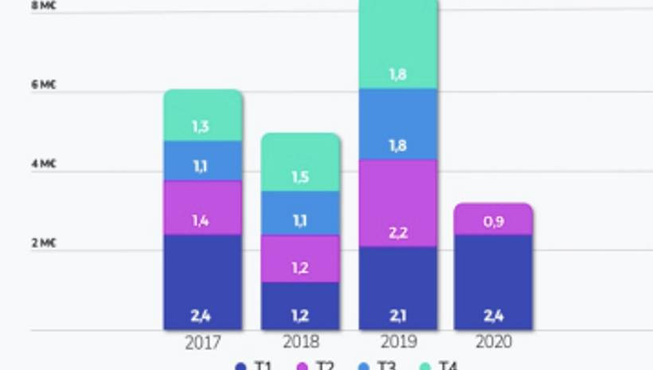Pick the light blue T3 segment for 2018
300,213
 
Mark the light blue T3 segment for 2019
398,124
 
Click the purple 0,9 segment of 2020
493,219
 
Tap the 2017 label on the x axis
202,342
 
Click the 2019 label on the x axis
398,342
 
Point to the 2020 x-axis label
493,342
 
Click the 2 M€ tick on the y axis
44,243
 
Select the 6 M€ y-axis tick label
44,85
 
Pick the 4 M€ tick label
44,163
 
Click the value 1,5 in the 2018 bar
300,177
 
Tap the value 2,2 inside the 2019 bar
398,233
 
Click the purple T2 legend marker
303,366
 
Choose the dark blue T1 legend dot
240,366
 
